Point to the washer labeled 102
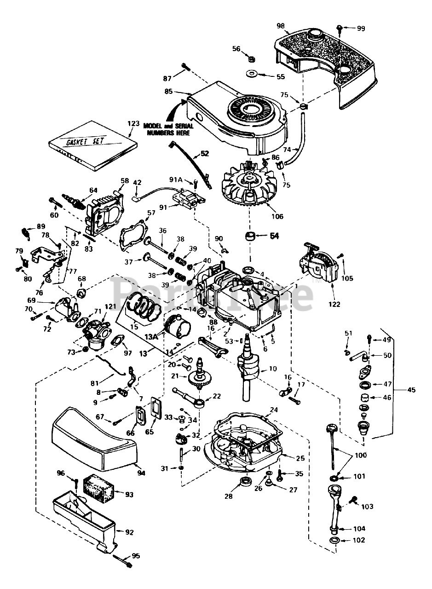pos(335,540)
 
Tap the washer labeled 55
pos(252,74)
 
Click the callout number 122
pos(334,304)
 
